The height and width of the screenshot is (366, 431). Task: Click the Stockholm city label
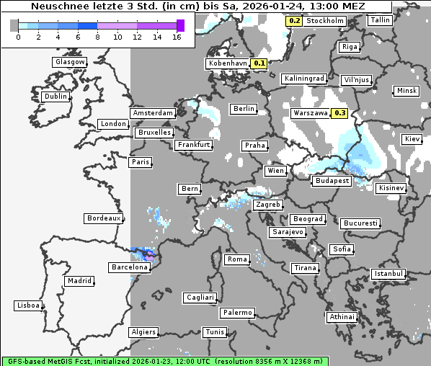pyautogui.click(x=325, y=21)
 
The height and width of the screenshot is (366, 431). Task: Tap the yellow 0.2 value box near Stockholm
pyautogui.click(x=294, y=21)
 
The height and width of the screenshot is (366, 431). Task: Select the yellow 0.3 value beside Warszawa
pyautogui.click(x=340, y=113)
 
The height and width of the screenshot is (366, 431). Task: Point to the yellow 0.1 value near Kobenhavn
pyautogui.click(x=259, y=63)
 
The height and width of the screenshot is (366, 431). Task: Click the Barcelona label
pyautogui.click(x=130, y=267)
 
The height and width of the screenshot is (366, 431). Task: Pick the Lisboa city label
pyautogui.click(x=27, y=305)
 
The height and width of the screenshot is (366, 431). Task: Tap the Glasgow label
pyautogui.click(x=70, y=62)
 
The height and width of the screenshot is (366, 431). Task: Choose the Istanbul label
pyautogui.click(x=388, y=274)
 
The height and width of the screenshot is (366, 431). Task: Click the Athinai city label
pyautogui.click(x=342, y=317)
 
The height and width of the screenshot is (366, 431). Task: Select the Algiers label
pyautogui.click(x=143, y=332)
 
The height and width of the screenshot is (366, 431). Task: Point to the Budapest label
pyautogui.click(x=332, y=181)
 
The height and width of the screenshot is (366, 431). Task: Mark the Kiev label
pyautogui.click(x=412, y=138)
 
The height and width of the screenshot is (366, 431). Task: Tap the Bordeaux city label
pyautogui.click(x=103, y=218)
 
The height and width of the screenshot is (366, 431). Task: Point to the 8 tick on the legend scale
pyautogui.click(x=97, y=36)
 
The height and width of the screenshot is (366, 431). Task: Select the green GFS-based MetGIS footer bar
pyautogui.click(x=164, y=360)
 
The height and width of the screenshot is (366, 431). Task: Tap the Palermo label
pyautogui.click(x=237, y=313)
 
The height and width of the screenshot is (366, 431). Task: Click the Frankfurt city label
pyautogui.click(x=194, y=145)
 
